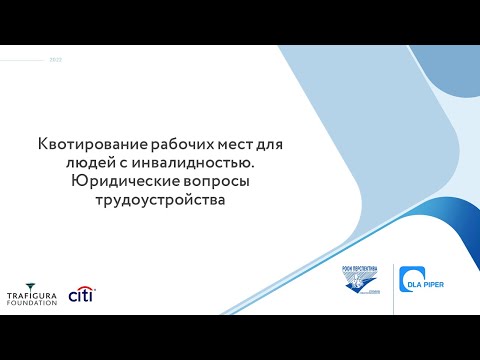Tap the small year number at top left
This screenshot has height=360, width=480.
tap(56, 60)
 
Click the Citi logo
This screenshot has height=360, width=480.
tap(81, 295)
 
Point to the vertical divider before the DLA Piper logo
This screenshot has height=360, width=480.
tap(394, 286)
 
